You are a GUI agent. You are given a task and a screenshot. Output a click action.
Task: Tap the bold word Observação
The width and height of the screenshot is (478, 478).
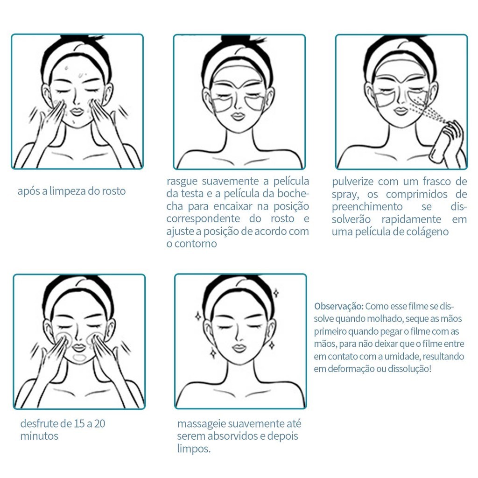pos(339,306)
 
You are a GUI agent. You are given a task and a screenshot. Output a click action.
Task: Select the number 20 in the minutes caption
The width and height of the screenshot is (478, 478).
pos(100,423)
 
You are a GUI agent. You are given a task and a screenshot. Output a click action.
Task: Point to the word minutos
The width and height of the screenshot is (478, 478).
pos(39,436)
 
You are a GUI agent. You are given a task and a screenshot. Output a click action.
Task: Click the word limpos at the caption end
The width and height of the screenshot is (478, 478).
pos(194,449)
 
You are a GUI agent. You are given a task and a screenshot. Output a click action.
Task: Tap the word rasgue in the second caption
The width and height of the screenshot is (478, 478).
pos(183,182)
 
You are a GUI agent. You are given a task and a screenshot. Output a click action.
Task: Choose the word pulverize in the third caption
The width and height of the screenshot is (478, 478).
pos(352,182)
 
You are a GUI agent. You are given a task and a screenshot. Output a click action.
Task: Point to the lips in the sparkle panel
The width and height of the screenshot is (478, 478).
pos(239,348)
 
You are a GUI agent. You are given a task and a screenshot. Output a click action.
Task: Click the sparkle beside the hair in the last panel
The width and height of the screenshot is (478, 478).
pos(276,293)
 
